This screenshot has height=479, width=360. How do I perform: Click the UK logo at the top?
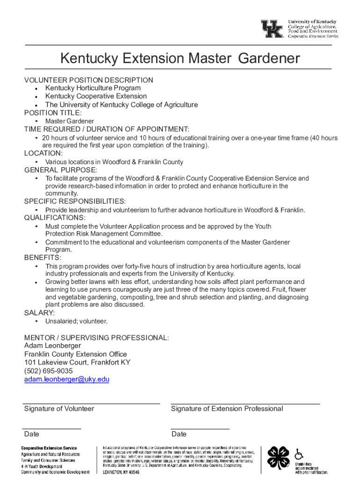coord(272,29)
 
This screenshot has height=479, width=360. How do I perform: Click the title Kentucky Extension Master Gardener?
coord(180,58)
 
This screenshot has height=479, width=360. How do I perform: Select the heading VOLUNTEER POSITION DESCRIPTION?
coord(88,80)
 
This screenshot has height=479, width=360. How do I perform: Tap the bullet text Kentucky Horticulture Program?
coord(93,88)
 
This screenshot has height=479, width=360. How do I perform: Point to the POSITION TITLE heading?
coord(53,113)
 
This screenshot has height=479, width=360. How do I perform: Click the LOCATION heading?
coord(43,153)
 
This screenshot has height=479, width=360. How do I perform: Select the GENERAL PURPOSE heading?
coord(61,170)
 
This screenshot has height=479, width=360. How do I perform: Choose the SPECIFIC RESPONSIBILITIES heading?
coord(75,202)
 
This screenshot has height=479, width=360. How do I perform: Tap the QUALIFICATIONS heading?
coord(55,218)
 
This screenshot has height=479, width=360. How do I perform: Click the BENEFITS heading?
coord(43,258)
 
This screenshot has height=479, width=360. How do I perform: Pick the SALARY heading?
coord(39,313)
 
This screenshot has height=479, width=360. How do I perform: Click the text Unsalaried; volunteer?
coord(76,321)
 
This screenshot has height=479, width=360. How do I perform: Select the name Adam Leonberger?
coord(52,346)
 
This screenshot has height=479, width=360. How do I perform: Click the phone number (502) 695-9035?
coord(48,371)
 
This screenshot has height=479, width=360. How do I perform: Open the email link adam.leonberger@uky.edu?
coord(66,379)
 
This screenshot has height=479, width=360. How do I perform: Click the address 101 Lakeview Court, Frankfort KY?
coord(77,363)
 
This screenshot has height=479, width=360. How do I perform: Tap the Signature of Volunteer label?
coord(59,409)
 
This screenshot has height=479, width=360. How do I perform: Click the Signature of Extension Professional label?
coord(227,409)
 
